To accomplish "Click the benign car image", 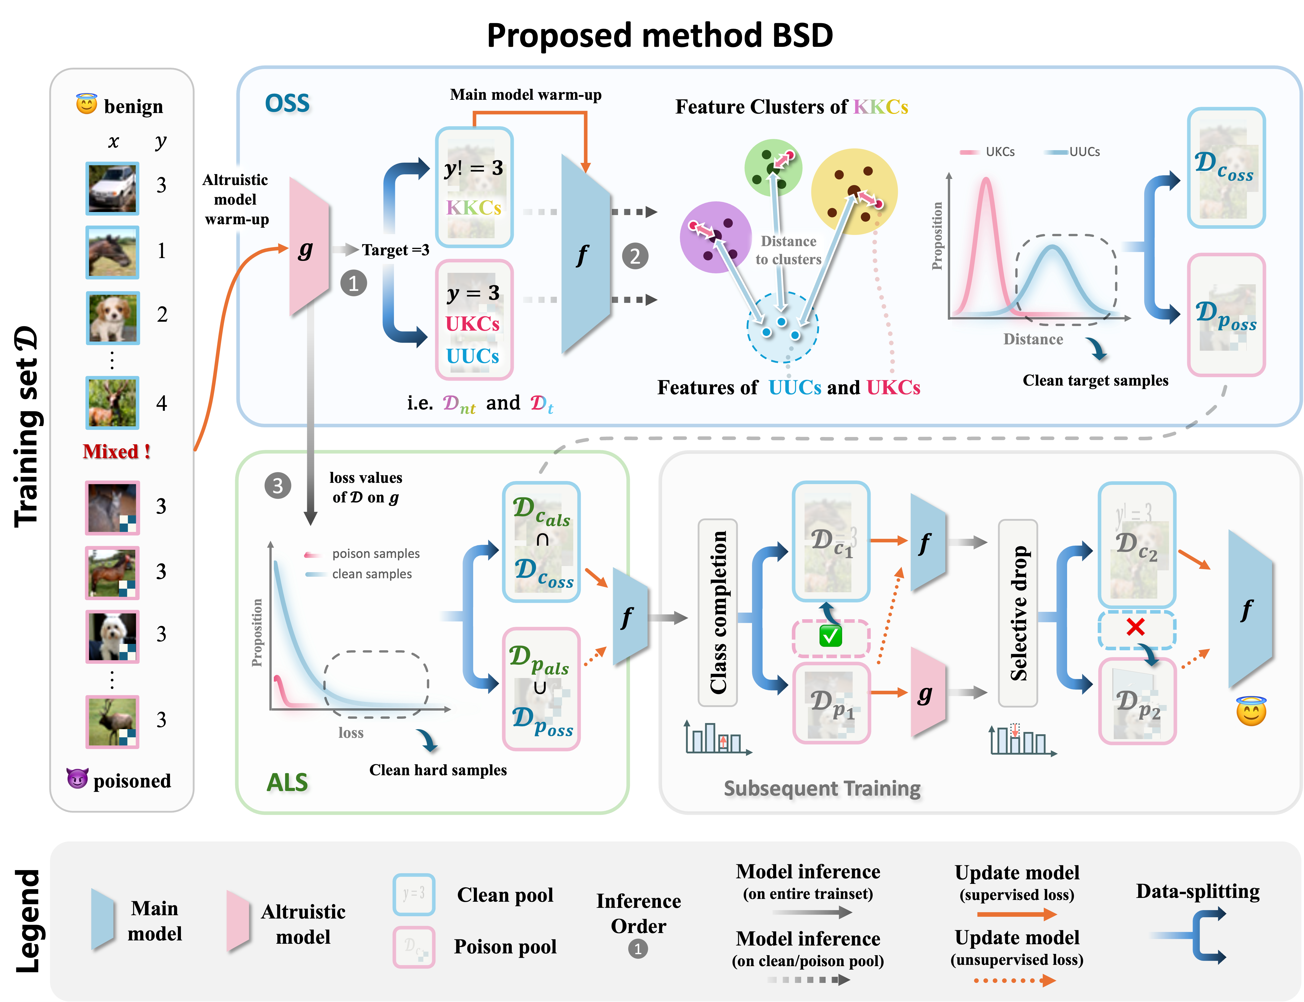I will pyautogui.click(x=112, y=189).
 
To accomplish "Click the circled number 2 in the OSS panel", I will pyautogui.click(x=635, y=257).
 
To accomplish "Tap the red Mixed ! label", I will pyautogui.click(x=117, y=451).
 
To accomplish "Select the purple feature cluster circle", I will pyautogui.click(x=716, y=237).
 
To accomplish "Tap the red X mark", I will pyautogui.click(x=1136, y=627).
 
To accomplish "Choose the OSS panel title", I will pyautogui.click(x=288, y=104).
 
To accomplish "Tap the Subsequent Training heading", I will pyautogui.click(x=823, y=789).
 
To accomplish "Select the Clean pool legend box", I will pyautogui.click(x=414, y=894).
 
